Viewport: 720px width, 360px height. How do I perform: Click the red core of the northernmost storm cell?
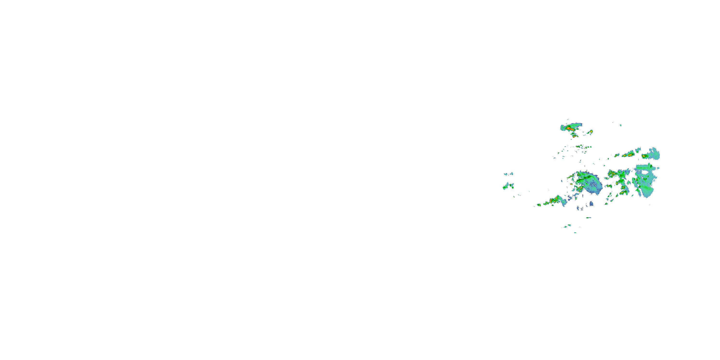(x=569, y=128)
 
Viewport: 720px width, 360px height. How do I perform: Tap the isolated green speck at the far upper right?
(x=620, y=125)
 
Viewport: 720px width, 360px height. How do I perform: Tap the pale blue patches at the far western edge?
(x=509, y=174)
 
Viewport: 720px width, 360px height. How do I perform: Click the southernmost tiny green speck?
(x=575, y=233)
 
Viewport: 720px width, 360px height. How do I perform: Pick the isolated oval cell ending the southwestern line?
(x=539, y=205)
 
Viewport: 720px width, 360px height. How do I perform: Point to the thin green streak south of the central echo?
(x=588, y=218)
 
